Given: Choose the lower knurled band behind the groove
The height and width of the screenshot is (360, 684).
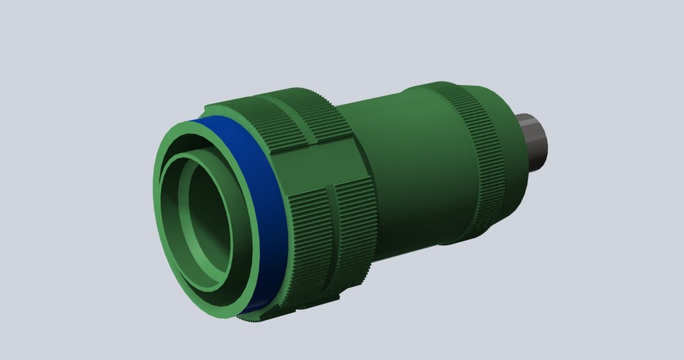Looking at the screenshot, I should coord(353,228).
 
